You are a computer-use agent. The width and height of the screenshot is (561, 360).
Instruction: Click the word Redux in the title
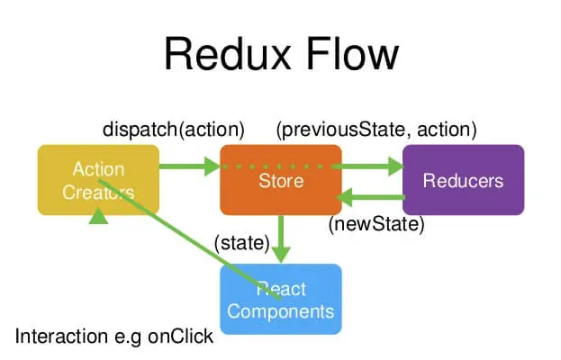tap(227, 54)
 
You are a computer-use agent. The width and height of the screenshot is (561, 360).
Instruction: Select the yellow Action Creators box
tap(98, 180)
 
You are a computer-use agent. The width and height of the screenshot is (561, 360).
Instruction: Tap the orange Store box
tap(281, 180)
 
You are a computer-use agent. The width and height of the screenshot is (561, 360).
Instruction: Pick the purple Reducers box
tap(464, 180)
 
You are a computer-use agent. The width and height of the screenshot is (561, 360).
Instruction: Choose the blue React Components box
tap(281, 299)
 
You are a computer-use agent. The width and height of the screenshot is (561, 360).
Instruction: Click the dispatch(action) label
tap(174, 130)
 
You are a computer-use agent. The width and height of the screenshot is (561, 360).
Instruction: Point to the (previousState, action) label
tap(376, 130)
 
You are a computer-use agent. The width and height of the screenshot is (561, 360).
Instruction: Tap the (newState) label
tap(376, 224)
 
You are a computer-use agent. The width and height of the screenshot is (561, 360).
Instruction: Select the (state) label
tap(242, 243)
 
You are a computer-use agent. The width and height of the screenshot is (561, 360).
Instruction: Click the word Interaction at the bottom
tap(61, 337)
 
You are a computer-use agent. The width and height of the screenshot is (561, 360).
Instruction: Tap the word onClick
tap(181, 337)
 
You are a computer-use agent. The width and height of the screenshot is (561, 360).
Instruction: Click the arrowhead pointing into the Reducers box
tap(396, 166)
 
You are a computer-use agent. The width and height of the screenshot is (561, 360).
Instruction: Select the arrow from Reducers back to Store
tap(370, 197)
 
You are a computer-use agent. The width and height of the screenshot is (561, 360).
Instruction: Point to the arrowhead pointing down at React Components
tap(281, 254)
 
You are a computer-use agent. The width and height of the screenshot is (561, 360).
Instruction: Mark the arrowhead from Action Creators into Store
tap(212, 166)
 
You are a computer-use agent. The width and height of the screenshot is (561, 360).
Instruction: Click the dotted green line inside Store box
tap(276, 166)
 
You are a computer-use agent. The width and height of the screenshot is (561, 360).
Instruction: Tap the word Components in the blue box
tap(281, 311)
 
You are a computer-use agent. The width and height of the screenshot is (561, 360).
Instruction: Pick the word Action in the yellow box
tap(98, 169)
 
